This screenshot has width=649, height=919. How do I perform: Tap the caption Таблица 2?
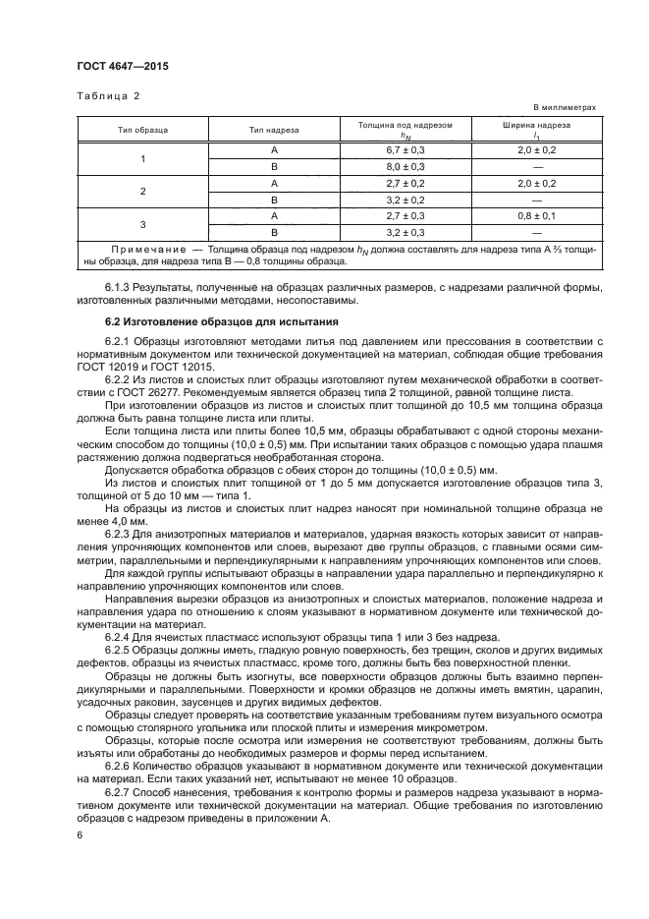[108, 95]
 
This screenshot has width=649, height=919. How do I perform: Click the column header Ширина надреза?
[536, 125]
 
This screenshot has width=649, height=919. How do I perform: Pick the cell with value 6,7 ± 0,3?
[406, 149]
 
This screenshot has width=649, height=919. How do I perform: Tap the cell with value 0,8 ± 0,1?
[536, 215]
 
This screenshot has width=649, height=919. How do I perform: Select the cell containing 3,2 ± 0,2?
[406, 200]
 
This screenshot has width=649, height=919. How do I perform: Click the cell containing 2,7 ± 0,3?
[406, 215]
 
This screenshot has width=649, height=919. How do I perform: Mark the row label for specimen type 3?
[142, 224]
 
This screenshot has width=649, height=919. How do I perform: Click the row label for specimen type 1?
[142, 158]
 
